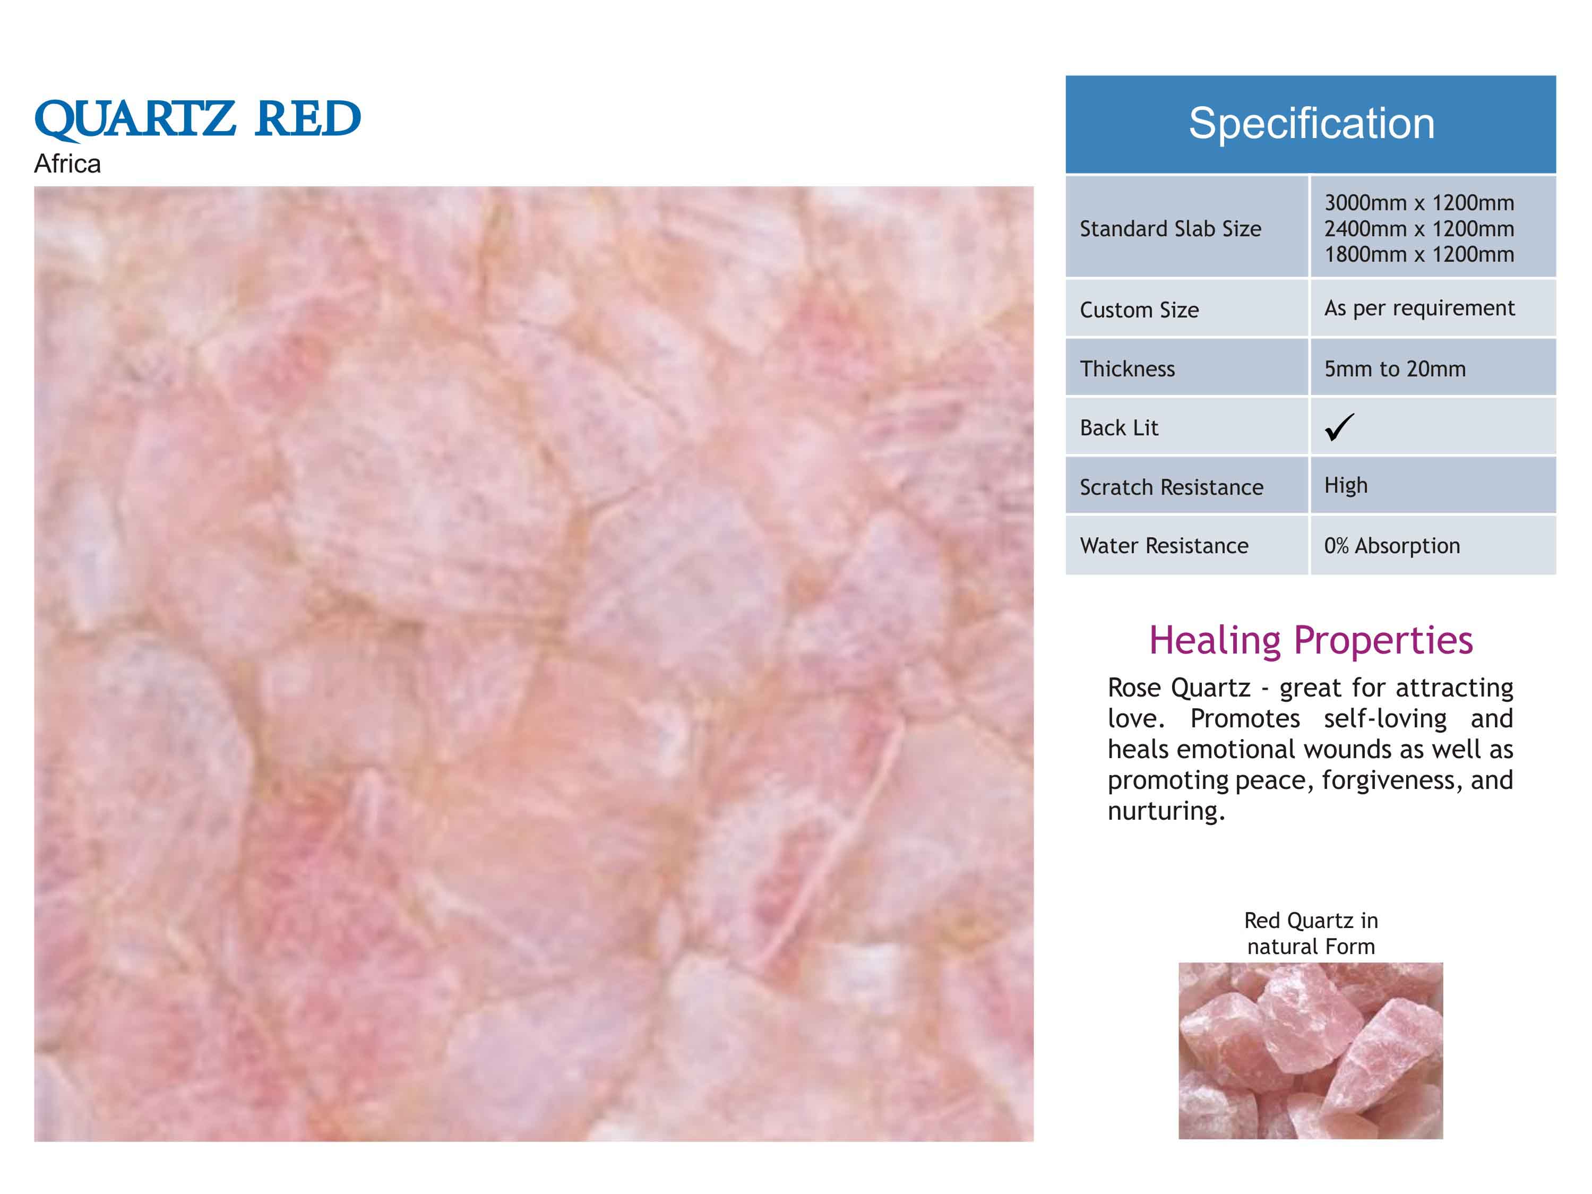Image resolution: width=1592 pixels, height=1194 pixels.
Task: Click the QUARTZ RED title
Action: [197, 120]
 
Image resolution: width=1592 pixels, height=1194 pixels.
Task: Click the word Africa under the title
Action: [67, 164]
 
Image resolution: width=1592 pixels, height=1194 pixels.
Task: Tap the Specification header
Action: [1311, 123]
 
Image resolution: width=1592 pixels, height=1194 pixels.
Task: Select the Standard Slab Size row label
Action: [1171, 229]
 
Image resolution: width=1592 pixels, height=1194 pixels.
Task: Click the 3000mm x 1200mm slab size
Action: [1419, 203]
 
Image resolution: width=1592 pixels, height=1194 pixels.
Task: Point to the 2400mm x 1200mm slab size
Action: [1419, 229]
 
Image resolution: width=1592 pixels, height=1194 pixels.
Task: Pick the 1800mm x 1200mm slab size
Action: [1419, 254]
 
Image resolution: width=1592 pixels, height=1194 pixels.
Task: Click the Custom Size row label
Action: [1139, 310]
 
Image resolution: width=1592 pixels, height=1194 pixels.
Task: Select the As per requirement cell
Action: [1419, 308]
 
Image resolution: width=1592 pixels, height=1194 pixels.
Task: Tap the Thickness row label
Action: [1127, 368]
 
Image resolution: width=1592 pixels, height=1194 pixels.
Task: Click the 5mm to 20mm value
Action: [1395, 368]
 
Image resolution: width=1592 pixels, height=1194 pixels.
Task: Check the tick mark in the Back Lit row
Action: [1339, 427]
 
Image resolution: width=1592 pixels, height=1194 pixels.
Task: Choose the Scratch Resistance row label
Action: [1171, 487]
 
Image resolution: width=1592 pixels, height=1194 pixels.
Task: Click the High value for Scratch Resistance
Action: [1346, 486]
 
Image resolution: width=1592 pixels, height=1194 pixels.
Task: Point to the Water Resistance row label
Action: [1164, 546]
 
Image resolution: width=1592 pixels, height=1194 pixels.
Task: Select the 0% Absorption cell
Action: [1392, 546]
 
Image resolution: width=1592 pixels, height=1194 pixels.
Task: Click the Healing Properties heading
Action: [1311, 640]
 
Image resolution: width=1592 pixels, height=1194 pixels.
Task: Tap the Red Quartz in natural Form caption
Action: [1311, 933]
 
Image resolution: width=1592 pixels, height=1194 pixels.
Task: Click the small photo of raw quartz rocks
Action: [1311, 1051]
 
